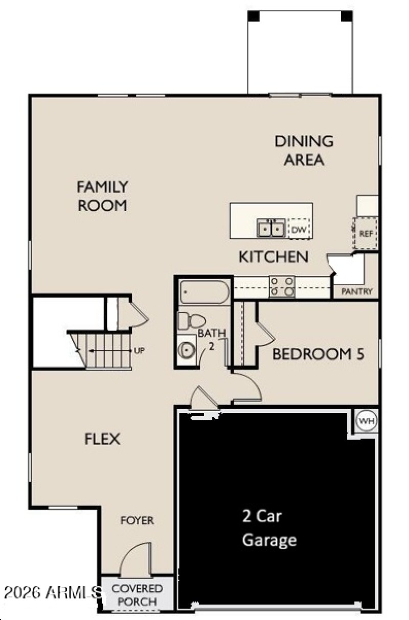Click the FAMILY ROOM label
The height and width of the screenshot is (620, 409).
(102, 196)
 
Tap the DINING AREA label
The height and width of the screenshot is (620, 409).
(304, 150)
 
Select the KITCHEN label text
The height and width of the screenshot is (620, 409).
(274, 257)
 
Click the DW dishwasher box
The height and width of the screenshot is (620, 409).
(299, 230)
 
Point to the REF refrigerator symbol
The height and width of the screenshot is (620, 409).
(366, 234)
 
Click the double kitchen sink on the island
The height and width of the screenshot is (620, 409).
(270, 228)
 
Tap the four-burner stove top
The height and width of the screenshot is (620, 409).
(282, 287)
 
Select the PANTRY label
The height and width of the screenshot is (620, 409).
(357, 292)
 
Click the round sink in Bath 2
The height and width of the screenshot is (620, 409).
(186, 351)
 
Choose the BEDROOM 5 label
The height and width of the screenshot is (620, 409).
(318, 354)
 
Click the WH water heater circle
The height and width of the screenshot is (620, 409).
(366, 421)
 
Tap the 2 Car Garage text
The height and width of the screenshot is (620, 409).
(269, 528)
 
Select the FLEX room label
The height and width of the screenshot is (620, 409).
(102, 439)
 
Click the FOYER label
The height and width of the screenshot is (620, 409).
(137, 520)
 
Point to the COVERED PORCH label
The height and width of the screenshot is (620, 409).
(137, 595)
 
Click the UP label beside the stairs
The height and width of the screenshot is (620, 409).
(139, 351)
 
